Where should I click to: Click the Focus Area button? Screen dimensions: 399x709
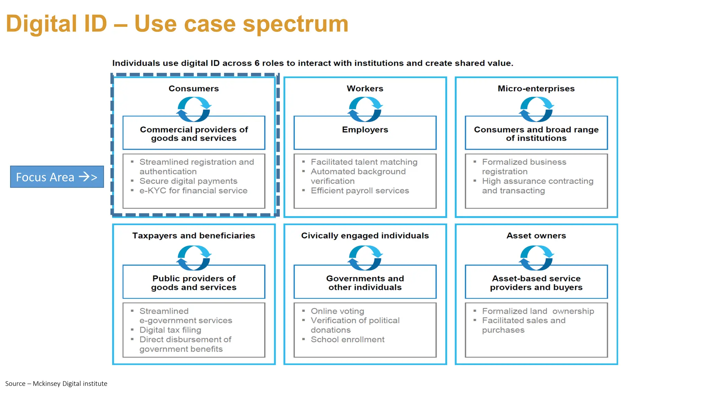pos(57,177)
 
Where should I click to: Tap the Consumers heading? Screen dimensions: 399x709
pos(194,89)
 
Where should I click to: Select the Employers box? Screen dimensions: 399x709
pos(365,133)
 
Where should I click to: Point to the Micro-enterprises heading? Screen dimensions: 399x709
pos(536,89)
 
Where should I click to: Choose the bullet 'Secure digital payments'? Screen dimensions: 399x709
pos(188,181)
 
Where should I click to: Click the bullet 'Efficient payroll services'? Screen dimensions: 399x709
pos(360,191)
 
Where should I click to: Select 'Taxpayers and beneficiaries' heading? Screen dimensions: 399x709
pos(194,236)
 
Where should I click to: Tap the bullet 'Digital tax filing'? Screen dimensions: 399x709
pos(170,330)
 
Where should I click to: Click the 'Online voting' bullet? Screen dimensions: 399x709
pos(337,311)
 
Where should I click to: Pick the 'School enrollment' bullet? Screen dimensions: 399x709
pos(348,340)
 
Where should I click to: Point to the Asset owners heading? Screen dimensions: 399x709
pos(536,236)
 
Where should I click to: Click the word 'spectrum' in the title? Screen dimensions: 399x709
pos(295,24)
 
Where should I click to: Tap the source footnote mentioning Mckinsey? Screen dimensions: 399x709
pos(56,383)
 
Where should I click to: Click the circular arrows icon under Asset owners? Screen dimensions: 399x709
pos(536,257)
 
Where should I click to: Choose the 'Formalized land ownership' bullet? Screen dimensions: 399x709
pos(538,311)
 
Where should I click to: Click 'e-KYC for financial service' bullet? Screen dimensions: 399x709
pos(193,191)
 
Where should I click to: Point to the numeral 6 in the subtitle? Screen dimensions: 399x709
pos(257,63)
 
